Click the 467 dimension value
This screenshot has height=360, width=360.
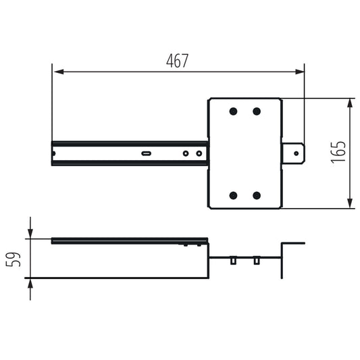pyautogui.click(x=177, y=61)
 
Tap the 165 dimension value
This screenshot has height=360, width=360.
pyautogui.click(x=338, y=151)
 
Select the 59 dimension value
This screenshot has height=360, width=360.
pyautogui.click(x=13, y=259)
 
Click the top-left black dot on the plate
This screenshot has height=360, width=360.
pyautogui.click(x=233, y=111)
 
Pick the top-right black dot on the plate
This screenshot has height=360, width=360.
pyautogui.click(x=257, y=111)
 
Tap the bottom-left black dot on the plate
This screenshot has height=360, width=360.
pyautogui.click(x=233, y=195)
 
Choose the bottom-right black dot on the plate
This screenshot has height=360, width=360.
pyautogui.click(x=257, y=195)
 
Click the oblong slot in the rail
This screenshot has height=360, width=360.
pyautogui.click(x=146, y=153)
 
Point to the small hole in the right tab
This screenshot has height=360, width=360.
pyautogui.click(x=297, y=153)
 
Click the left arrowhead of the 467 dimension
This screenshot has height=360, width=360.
pyautogui.click(x=59, y=72)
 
